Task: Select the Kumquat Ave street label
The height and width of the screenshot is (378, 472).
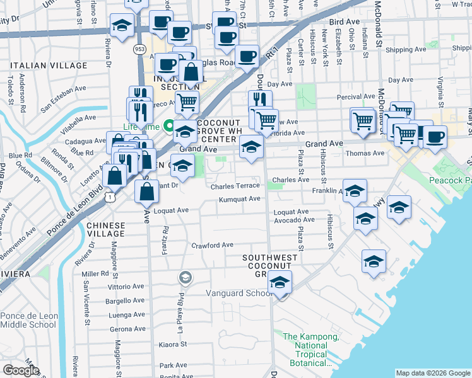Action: (x=239, y=200)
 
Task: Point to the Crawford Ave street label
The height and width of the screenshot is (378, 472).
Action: (x=213, y=245)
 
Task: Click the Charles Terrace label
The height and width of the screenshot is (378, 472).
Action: (x=235, y=186)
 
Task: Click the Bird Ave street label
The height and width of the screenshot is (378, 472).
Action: (x=344, y=21)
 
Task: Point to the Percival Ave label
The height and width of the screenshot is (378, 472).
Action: (x=355, y=96)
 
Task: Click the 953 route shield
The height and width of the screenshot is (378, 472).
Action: (x=139, y=49)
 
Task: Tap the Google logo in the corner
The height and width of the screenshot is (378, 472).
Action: (x=21, y=370)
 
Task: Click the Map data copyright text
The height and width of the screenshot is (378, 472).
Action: (x=432, y=373)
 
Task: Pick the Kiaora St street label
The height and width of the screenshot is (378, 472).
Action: (x=174, y=345)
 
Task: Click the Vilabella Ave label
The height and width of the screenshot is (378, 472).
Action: (x=78, y=117)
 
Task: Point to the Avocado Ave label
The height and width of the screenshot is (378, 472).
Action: (x=294, y=220)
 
